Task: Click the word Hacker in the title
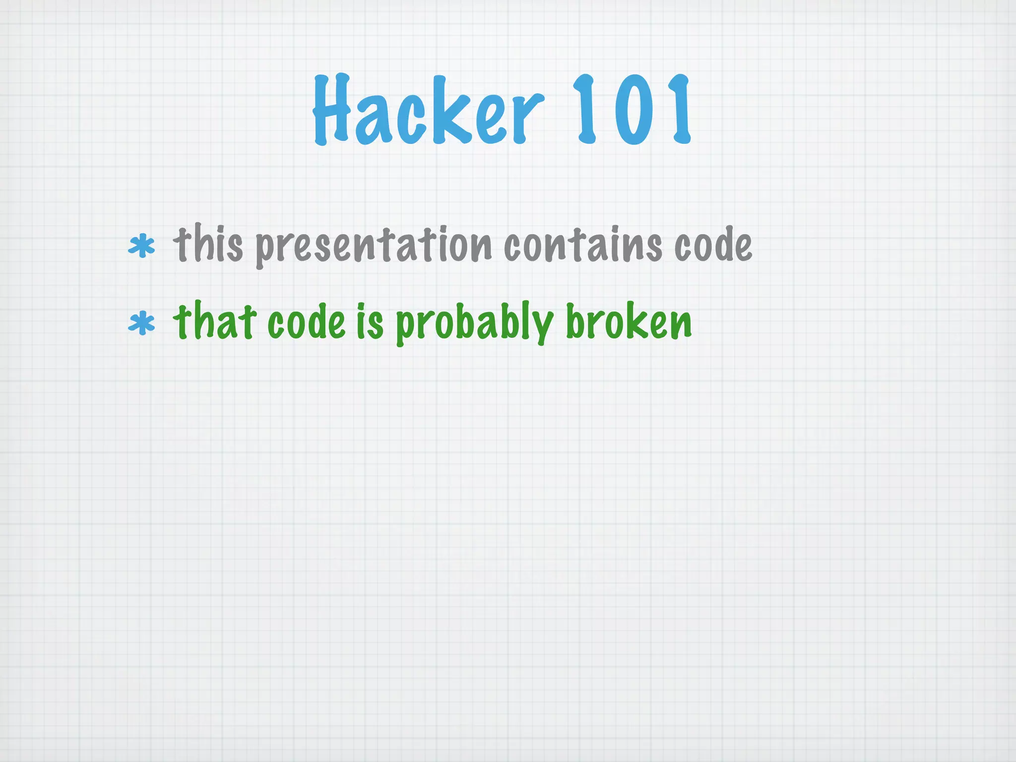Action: tap(428, 110)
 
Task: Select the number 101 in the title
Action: tap(631, 110)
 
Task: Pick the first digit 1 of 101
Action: tap(585, 110)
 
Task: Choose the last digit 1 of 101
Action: tap(678, 110)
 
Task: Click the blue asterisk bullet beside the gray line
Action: tap(141, 246)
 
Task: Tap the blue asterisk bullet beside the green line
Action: tap(141, 323)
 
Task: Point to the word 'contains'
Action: tap(582, 244)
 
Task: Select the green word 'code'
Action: tap(306, 322)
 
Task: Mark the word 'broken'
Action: tap(629, 322)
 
